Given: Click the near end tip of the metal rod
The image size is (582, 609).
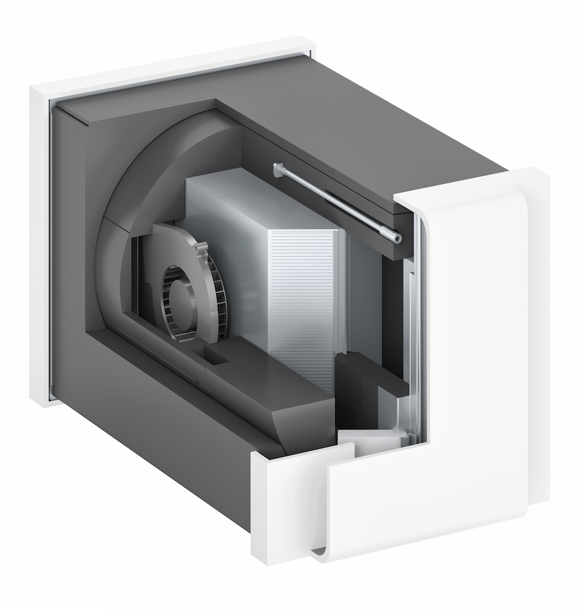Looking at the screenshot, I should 397,238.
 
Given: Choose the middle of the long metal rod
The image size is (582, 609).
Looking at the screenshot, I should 338,203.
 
